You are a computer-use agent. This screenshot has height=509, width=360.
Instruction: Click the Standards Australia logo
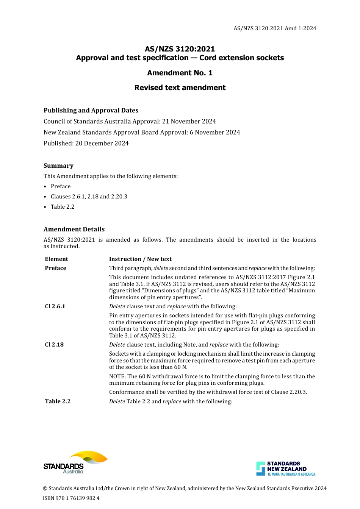pyautogui.click(x=75, y=462)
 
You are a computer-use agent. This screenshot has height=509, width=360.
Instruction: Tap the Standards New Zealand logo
pyautogui.click(x=286, y=468)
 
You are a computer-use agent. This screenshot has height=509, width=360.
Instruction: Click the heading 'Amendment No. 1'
pyautogui.click(x=180, y=73)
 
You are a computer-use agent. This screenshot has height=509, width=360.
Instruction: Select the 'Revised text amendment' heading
pyautogui.click(x=180, y=87)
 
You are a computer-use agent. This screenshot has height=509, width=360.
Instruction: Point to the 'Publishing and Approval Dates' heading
pyautogui.click(x=91, y=110)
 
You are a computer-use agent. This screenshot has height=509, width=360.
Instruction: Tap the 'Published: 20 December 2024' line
pyautogui.click(x=86, y=143)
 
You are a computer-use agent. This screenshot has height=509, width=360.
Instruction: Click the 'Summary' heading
pyautogui.click(x=58, y=166)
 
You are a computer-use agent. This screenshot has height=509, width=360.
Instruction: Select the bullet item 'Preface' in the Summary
pyautogui.click(x=61, y=186)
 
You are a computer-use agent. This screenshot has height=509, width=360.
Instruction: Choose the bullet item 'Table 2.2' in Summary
pyautogui.click(x=63, y=207)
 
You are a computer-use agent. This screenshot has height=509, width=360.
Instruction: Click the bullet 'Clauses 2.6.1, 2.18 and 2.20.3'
pyautogui.click(x=89, y=197)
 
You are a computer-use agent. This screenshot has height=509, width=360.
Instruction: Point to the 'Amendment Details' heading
pyautogui.click(x=74, y=229)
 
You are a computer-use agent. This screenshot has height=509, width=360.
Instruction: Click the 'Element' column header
pyautogui.click(x=56, y=259)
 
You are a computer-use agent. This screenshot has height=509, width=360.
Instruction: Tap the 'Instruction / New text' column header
pyautogui.click(x=140, y=259)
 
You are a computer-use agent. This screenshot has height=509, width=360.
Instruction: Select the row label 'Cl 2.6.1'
pyautogui.click(x=55, y=306)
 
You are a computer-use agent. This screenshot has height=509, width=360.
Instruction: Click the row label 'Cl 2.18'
pyautogui.click(x=54, y=345)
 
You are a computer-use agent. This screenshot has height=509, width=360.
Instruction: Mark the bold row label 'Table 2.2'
pyautogui.click(x=58, y=401)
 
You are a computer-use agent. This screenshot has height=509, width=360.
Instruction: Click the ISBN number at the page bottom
pyautogui.click(x=71, y=498)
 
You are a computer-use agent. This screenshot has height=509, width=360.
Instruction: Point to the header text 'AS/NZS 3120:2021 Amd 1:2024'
pyautogui.click(x=275, y=28)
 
